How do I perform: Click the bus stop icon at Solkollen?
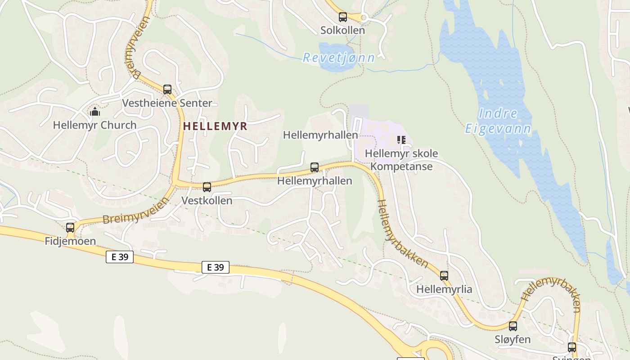(343, 18)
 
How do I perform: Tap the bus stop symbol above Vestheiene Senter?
(167, 90)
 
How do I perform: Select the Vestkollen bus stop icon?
(207, 187)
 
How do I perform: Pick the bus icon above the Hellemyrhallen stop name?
(315, 167)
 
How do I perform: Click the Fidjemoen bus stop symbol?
(70, 228)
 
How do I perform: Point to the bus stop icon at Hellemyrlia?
(444, 276)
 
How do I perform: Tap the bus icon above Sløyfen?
(513, 326)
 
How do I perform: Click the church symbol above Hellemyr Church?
(95, 111)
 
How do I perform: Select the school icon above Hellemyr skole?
(401, 140)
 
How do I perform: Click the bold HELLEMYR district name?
(215, 126)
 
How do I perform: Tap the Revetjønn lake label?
(339, 58)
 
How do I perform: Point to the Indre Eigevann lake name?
(498, 121)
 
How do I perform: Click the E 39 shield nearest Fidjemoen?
(120, 257)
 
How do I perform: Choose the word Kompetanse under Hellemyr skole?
(401, 166)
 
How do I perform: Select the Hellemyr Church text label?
(94, 125)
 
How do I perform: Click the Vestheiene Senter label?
(167, 103)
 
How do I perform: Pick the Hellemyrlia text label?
(444, 289)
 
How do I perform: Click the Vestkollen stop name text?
(207, 201)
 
